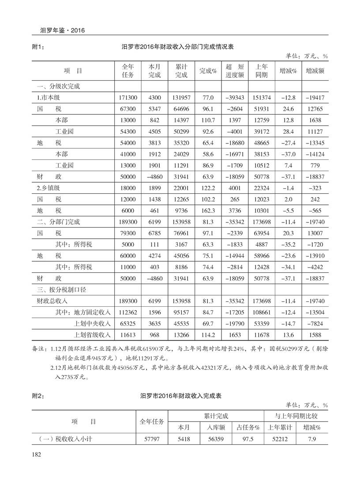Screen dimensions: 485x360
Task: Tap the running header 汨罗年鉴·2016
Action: click(x=62, y=30)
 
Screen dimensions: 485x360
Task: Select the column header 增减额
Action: click(x=315, y=71)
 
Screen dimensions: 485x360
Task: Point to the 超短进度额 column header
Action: click(x=235, y=71)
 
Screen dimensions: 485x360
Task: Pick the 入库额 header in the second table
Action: click(x=216, y=427)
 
